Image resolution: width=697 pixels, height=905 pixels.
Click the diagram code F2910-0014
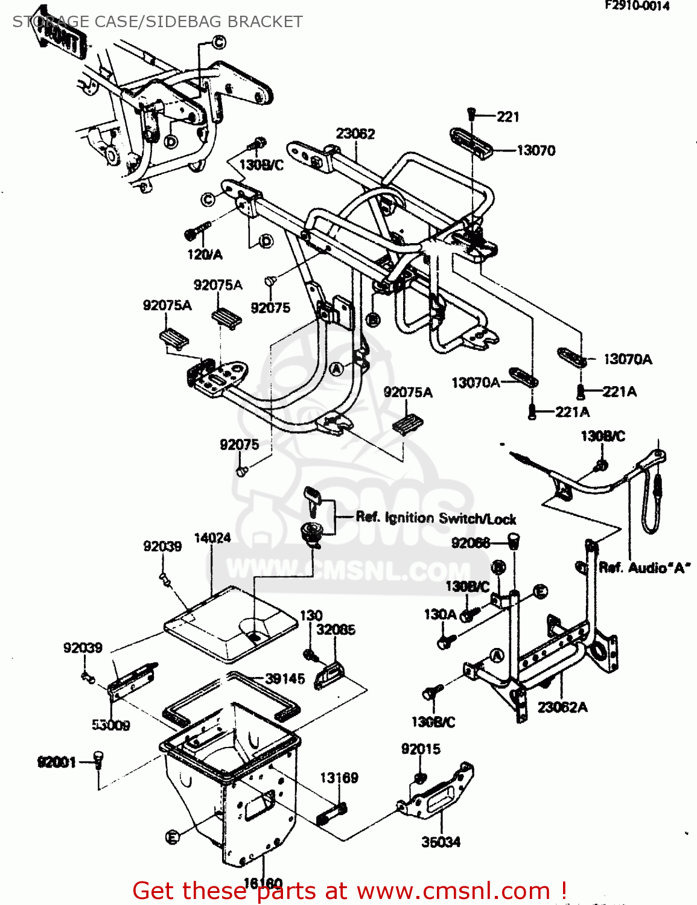coord(637,6)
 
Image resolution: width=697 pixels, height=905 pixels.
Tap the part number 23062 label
coord(355,133)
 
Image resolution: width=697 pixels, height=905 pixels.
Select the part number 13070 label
coord(536,150)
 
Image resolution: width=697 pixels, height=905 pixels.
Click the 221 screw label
coord(508,116)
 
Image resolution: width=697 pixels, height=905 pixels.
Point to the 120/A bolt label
coord(205,255)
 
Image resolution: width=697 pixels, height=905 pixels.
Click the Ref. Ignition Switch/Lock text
coord(436,518)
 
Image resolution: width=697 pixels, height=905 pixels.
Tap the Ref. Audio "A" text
coord(644,568)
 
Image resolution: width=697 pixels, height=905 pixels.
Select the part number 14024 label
coord(212,538)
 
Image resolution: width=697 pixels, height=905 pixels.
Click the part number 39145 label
coord(285,679)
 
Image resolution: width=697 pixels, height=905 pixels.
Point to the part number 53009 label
coord(110,725)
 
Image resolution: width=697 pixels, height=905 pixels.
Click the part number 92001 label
coord(57,762)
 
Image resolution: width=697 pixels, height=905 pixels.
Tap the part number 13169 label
coord(339,778)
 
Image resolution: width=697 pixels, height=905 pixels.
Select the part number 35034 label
coord(441,842)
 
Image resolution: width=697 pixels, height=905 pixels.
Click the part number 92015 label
coord(421,749)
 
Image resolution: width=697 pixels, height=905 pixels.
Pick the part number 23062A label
coord(562,707)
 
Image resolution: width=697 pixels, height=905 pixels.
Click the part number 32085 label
coord(336,629)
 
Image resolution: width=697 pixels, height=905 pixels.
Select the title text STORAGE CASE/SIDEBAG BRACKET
coord(158,22)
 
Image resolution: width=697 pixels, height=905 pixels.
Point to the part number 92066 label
coord(471,543)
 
